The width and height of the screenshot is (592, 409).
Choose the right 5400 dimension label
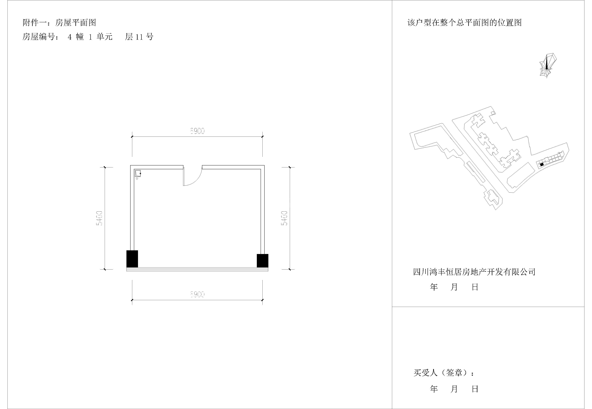click(284, 218)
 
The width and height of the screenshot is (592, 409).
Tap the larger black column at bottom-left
click(132, 259)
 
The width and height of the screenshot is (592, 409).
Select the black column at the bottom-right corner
click(262, 261)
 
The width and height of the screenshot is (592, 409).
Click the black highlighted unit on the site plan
click(542, 165)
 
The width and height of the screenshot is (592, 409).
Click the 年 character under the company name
click(434, 287)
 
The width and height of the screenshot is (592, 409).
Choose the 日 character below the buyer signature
click(475, 389)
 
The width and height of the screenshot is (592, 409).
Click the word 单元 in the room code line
click(104, 37)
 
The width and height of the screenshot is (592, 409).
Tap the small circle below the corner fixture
click(137, 179)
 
